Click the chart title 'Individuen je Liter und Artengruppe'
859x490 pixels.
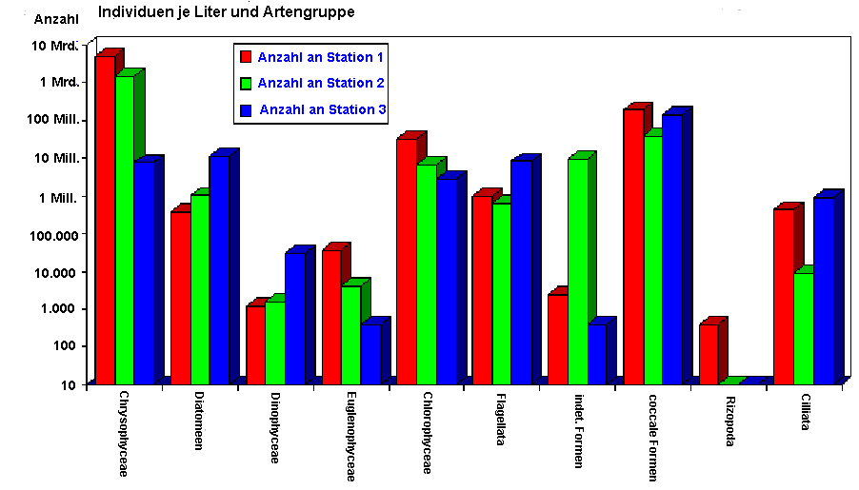(227, 12)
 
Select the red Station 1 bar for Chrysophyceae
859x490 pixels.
(105, 219)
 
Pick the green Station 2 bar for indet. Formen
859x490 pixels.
(577, 271)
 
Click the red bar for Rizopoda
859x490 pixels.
(709, 354)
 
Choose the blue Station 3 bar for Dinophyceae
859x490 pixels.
(294, 318)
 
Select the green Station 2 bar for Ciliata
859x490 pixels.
(804, 328)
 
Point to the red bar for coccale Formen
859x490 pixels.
(633, 246)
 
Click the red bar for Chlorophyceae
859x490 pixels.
(407, 262)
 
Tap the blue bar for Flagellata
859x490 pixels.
(521, 272)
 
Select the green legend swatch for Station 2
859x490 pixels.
(245, 84)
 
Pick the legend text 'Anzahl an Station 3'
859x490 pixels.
(323, 109)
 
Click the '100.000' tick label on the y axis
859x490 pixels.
(56, 233)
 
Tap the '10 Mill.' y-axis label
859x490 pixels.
(58, 158)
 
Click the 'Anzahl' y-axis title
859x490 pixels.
(55, 19)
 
